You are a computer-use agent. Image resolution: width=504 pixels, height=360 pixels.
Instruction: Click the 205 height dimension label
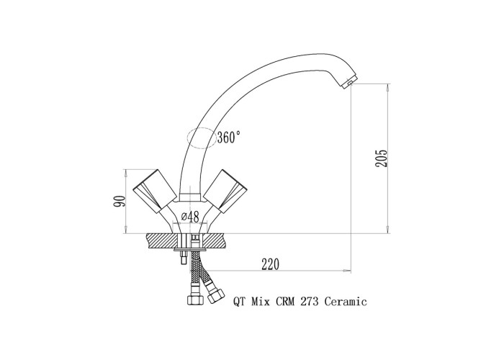(382, 158)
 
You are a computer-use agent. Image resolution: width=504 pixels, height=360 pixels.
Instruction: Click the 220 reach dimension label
(270, 264)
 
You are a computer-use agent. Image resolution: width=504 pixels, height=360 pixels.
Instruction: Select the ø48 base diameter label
(190, 217)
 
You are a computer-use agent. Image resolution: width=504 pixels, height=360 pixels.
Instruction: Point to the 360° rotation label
(228, 138)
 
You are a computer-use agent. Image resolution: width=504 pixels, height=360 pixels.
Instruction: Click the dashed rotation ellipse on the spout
(202, 138)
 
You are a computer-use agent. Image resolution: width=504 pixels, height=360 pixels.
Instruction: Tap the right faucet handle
(226, 191)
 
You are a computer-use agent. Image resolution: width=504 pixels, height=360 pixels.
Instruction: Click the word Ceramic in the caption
(346, 302)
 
